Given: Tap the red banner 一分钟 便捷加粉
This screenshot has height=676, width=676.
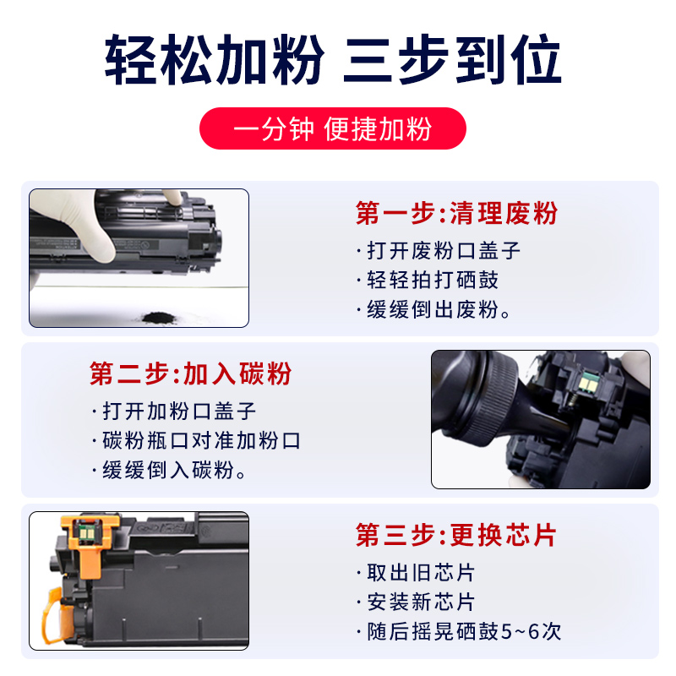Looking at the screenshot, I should coord(332,129).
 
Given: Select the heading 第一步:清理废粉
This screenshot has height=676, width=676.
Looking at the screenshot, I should coord(456,212).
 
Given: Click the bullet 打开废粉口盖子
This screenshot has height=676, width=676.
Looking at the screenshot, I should coord(443,250).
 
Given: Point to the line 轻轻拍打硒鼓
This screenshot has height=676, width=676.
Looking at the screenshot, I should coord(432,280).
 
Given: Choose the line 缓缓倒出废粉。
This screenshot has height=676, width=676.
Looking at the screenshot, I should coord(439,309).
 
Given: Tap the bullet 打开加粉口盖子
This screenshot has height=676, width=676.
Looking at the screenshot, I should coord(178,411).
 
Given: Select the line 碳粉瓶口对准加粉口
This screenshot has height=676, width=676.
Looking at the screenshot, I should coord(199,440).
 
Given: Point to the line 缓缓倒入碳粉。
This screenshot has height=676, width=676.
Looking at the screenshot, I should coord(174,471).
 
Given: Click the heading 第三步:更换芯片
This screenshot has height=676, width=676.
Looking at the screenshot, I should coord(456,535).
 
